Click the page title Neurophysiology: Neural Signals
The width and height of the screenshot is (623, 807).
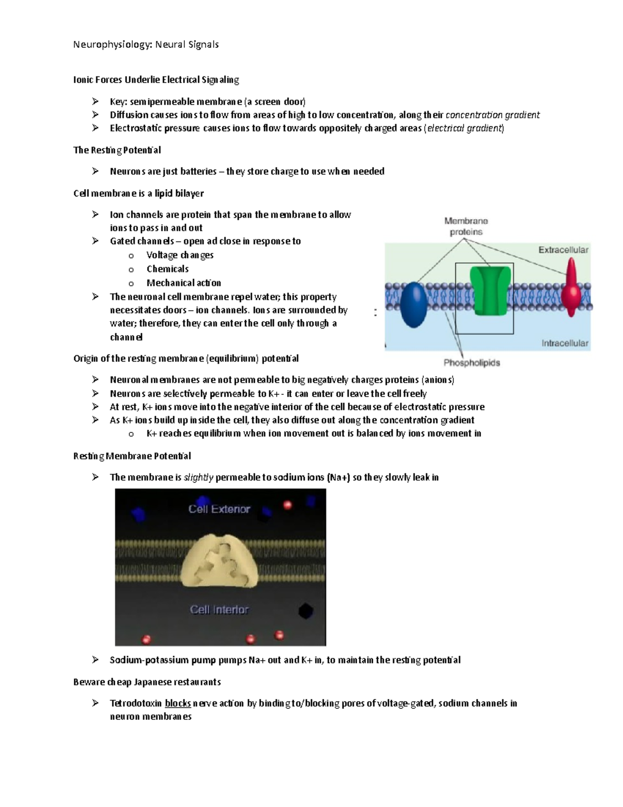pyautogui.click(x=146, y=45)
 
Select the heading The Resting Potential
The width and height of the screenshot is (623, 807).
pyautogui.click(x=117, y=150)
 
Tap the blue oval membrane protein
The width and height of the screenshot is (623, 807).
pyautogui.click(x=413, y=305)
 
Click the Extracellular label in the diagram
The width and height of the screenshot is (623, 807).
pyautogui.click(x=563, y=250)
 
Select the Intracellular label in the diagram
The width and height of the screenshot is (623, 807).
pyautogui.click(x=564, y=343)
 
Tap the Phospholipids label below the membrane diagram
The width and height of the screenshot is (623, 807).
pyautogui.click(x=471, y=363)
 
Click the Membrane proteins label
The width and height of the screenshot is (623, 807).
pyautogui.click(x=466, y=227)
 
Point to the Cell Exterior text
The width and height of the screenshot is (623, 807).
pyautogui.click(x=219, y=509)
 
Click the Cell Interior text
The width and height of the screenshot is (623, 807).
pyautogui.click(x=219, y=610)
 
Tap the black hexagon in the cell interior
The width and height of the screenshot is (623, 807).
pyautogui.click(x=305, y=611)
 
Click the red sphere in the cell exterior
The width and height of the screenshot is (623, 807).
pyautogui.click(x=287, y=505)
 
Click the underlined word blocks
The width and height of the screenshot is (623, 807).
pyautogui.click(x=178, y=704)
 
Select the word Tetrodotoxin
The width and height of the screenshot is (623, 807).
pyautogui.click(x=136, y=704)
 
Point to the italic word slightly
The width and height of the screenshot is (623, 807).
pyautogui.click(x=198, y=478)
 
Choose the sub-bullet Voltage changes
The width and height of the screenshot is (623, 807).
pyautogui.click(x=180, y=255)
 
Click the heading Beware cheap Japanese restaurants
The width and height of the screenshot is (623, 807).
pyautogui.click(x=147, y=682)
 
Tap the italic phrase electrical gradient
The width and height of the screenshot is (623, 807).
pyautogui.click(x=464, y=128)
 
